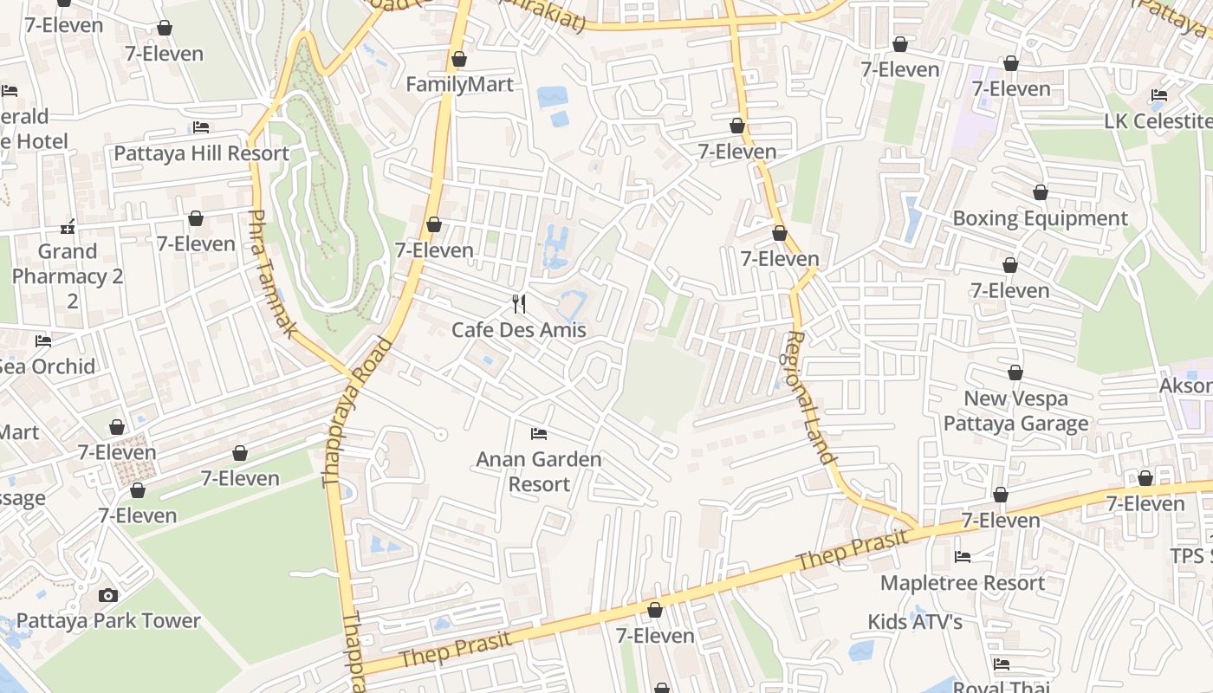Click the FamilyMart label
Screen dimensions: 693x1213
coord(459,84)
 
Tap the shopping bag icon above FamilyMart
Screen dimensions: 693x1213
coord(459,59)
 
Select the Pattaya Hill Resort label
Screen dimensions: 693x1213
coord(201,153)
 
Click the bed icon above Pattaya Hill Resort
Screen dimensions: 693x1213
coord(201,127)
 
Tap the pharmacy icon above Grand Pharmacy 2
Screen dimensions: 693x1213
coord(68,228)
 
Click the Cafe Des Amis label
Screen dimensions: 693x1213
coord(519,330)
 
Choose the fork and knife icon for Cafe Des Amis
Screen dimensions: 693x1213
coord(519,303)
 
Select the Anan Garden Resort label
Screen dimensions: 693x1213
coord(539,471)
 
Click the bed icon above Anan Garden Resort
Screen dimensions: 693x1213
coord(539,432)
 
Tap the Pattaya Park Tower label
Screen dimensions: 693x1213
coord(108,621)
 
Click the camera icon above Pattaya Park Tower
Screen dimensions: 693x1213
coord(108,595)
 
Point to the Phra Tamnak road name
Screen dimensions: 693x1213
coord(273,273)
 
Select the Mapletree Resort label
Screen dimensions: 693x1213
coord(962,583)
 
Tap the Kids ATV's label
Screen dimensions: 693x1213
coord(915,622)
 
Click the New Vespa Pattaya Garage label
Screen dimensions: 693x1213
coord(1015,411)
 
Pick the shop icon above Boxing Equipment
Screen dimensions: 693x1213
coord(1040,192)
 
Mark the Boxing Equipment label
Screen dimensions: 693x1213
coord(1040,218)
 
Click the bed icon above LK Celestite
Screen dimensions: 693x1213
coord(1159,95)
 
